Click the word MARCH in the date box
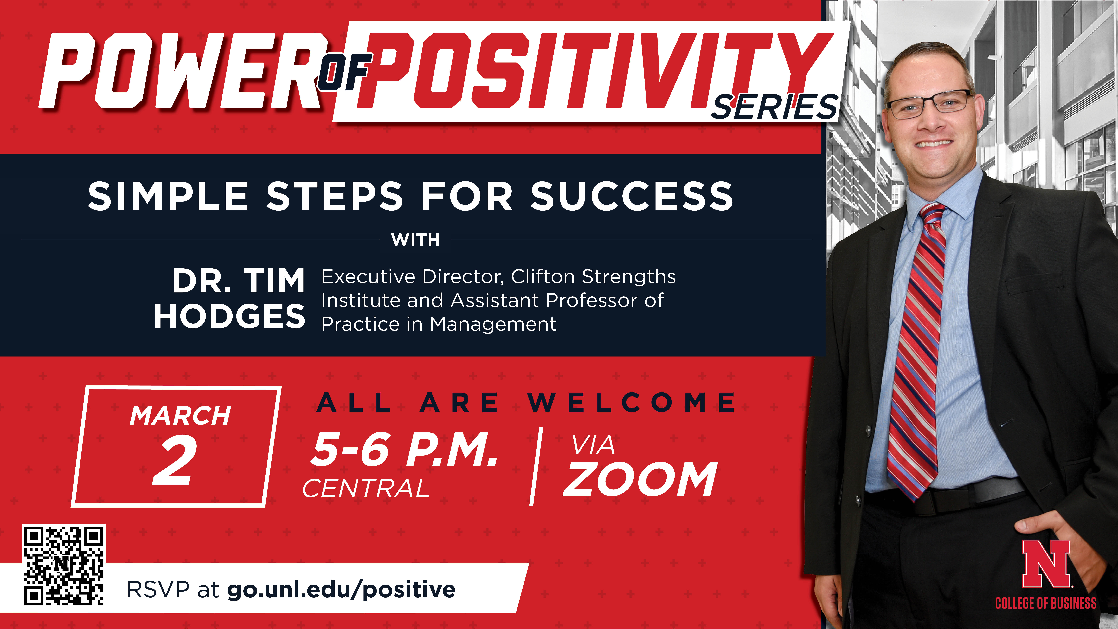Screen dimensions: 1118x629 (180, 416)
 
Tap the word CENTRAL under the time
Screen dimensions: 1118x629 (366, 489)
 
